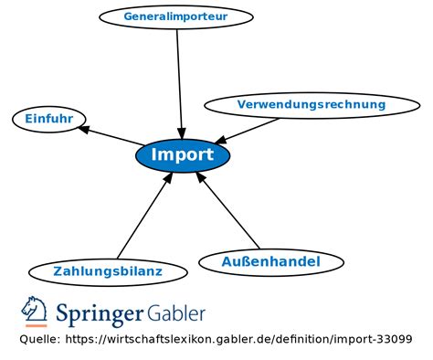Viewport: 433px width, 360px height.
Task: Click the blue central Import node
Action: click(x=183, y=154)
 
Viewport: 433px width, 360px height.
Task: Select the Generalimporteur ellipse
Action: click(x=175, y=16)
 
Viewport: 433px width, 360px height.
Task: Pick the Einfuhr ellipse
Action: click(x=49, y=119)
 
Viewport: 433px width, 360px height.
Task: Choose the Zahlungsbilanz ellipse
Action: click(x=108, y=271)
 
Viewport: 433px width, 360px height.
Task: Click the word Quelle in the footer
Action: click(x=39, y=340)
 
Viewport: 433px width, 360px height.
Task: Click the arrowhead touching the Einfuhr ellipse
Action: click(x=84, y=129)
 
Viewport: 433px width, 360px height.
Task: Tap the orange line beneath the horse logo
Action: click(x=36, y=325)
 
